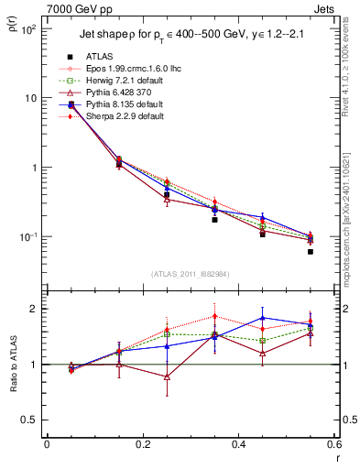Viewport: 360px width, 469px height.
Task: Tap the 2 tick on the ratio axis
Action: [x=38, y=309]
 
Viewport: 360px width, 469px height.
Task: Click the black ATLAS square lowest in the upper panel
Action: [x=311, y=251]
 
